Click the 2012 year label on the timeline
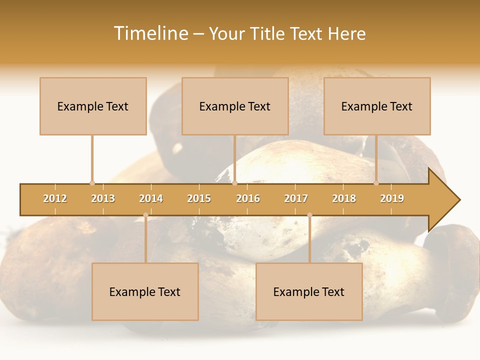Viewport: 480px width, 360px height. (x=55, y=198)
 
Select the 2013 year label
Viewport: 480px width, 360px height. (x=103, y=198)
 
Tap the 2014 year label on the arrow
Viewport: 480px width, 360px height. (x=151, y=198)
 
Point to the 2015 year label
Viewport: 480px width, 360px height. (x=199, y=198)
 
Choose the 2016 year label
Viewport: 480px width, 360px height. (x=248, y=198)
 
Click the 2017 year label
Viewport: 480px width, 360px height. (x=296, y=198)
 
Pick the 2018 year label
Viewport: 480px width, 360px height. (x=344, y=198)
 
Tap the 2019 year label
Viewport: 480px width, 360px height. (x=392, y=198)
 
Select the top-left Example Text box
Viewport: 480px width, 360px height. (x=93, y=106)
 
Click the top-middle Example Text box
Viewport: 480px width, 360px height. (x=235, y=106)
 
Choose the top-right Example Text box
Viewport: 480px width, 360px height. (x=377, y=106)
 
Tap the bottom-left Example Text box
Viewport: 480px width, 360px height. (x=145, y=291)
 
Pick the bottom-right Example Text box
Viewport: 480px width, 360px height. (x=309, y=291)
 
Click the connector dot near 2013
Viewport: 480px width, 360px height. (x=92, y=183)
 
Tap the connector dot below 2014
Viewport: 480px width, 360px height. (x=145, y=215)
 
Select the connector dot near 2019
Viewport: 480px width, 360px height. (x=376, y=183)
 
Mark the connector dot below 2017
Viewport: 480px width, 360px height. (x=309, y=215)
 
